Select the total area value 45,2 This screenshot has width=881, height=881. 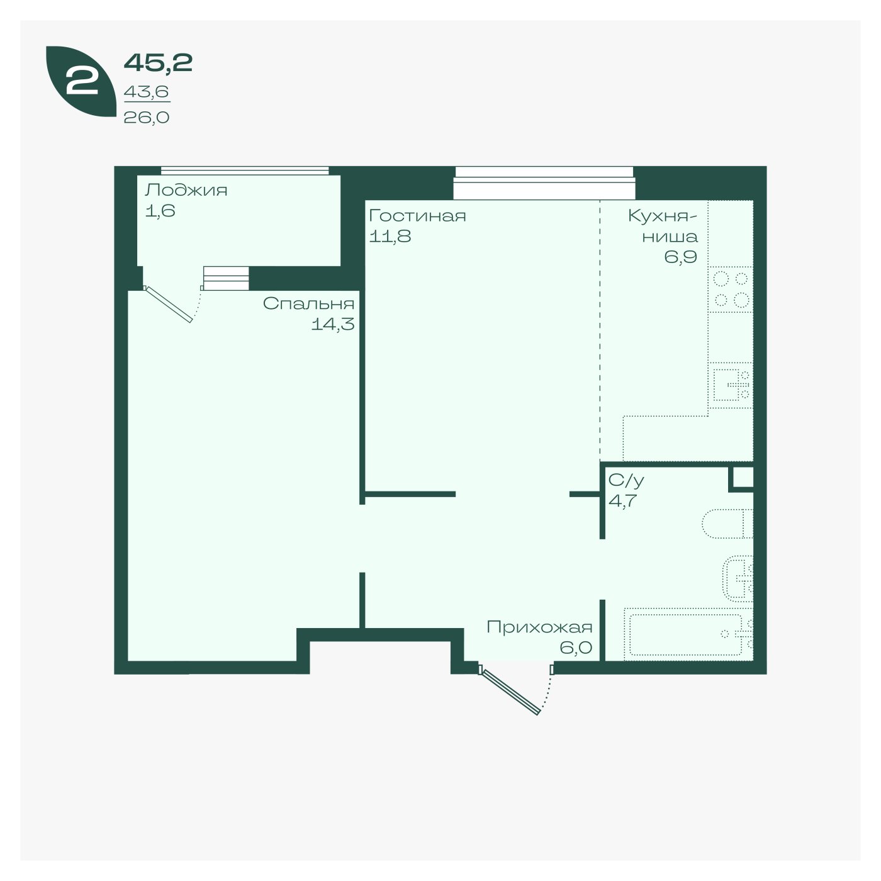[x=158, y=63]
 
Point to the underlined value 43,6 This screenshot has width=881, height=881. [x=146, y=92]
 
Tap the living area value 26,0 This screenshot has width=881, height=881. [x=146, y=118]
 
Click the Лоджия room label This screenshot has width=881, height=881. [x=186, y=190]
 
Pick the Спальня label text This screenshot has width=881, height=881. [x=308, y=303]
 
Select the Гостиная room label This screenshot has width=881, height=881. [x=417, y=215]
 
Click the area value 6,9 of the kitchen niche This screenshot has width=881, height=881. [x=680, y=257]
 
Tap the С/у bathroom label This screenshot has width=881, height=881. [x=626, y=480]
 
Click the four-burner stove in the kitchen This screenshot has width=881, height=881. [x=730, y=289]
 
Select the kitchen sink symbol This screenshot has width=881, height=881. [x=730, y=385]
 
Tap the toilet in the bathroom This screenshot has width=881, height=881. [x=727, y=524]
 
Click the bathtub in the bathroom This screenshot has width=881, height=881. [x=688, y=634]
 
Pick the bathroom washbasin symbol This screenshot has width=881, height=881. [x=738, y=578]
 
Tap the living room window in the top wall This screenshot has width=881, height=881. [x=544, y=183]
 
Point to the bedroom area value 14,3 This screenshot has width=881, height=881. [x=333, y=324]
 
